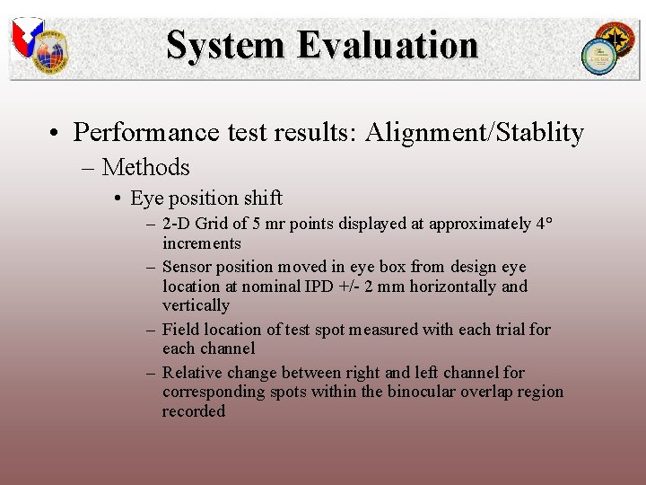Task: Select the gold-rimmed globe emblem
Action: point(50,54)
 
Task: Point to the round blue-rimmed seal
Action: point(597,57)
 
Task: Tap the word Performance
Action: point(146,133)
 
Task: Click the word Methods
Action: point(145,167)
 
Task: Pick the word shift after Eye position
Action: point(262,198)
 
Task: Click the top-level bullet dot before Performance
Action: point(55,133)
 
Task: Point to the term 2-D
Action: point(177,225)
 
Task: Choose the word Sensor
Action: point(187,267)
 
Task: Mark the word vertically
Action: point(196,305)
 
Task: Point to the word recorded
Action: point(194,411)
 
